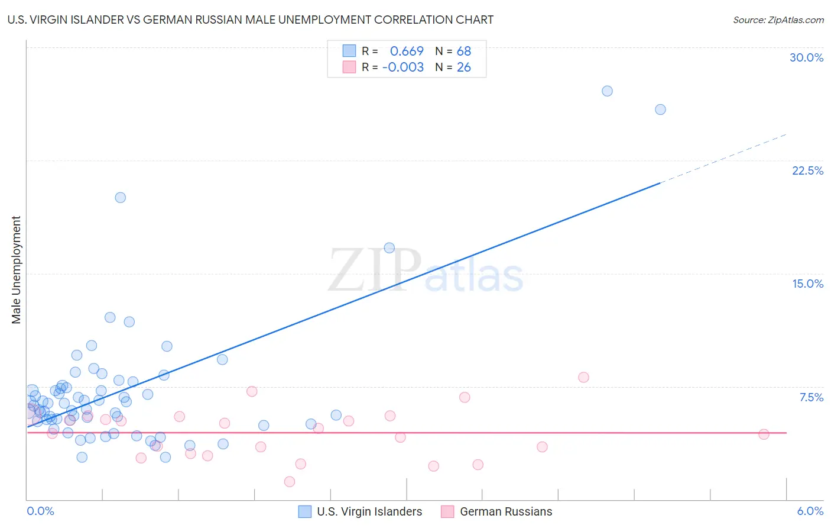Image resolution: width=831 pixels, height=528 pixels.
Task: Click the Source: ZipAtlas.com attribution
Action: [x=778, y=20]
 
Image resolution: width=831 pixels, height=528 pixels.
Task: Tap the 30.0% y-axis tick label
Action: [x=806, y=57]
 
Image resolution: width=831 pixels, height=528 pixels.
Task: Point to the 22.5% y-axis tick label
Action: [x=807, y=170]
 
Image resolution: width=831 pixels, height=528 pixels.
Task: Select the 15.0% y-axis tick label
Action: [x=807, y=284]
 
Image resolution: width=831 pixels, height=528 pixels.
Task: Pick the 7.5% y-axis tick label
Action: [x=811, y=397]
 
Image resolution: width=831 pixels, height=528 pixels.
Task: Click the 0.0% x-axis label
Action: [x=40, y=511]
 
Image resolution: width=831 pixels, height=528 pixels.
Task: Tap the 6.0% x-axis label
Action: [x=810, y=511]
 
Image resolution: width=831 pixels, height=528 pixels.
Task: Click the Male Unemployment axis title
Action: [x=16, y=269]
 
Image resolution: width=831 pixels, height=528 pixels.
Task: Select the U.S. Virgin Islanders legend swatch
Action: [x=304, y=511]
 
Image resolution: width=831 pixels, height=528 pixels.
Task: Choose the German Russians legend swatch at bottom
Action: [x=447, y=511]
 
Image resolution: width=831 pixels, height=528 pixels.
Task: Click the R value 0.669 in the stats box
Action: [x=407, y=51]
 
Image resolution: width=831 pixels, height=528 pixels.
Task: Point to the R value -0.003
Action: [x=403, y=67]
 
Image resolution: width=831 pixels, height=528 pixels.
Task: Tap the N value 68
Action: [x=464, y=51]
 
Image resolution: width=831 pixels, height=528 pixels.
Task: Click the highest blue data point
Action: [x=607, y=91]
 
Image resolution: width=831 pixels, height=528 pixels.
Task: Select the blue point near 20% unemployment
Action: [x=121, y=198]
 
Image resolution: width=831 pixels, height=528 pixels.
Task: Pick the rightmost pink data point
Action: [x=764, y=434]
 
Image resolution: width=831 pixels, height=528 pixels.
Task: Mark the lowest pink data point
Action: [x=290, y=481]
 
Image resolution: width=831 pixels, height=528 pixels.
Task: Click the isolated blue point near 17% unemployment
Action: [x=389, y=248]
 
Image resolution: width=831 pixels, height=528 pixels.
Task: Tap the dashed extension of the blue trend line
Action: [x=724, y=159]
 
